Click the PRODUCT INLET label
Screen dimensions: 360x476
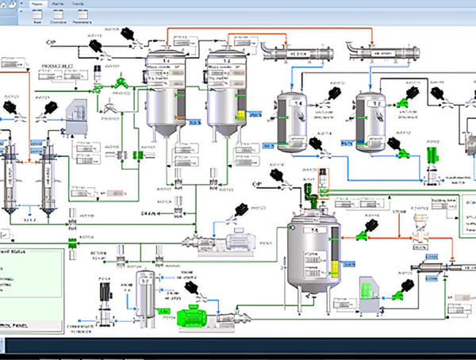tap(56, 64)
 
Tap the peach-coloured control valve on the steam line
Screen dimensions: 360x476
tap(416, 235)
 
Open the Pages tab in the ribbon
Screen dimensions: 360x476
tap(37, 4)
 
